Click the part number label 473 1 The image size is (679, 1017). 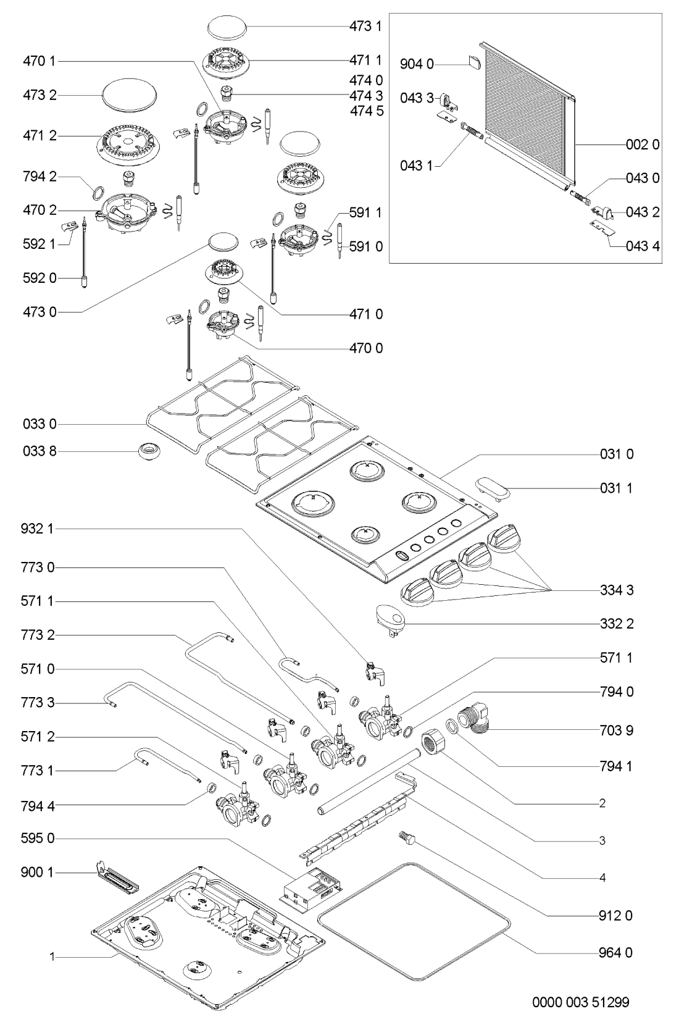point(367,26)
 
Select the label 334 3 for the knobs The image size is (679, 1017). point(617,590)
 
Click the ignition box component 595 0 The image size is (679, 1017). point(310,887)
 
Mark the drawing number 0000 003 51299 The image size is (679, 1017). point(581,1000)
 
